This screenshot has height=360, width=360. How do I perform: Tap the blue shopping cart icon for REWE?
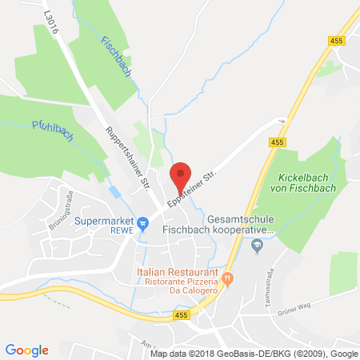click(142, 222)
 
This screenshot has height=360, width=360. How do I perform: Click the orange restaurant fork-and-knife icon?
click(228, 278)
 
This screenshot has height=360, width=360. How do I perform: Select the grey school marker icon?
click(257, 246)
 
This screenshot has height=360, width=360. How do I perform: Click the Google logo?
click(26, 349)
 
